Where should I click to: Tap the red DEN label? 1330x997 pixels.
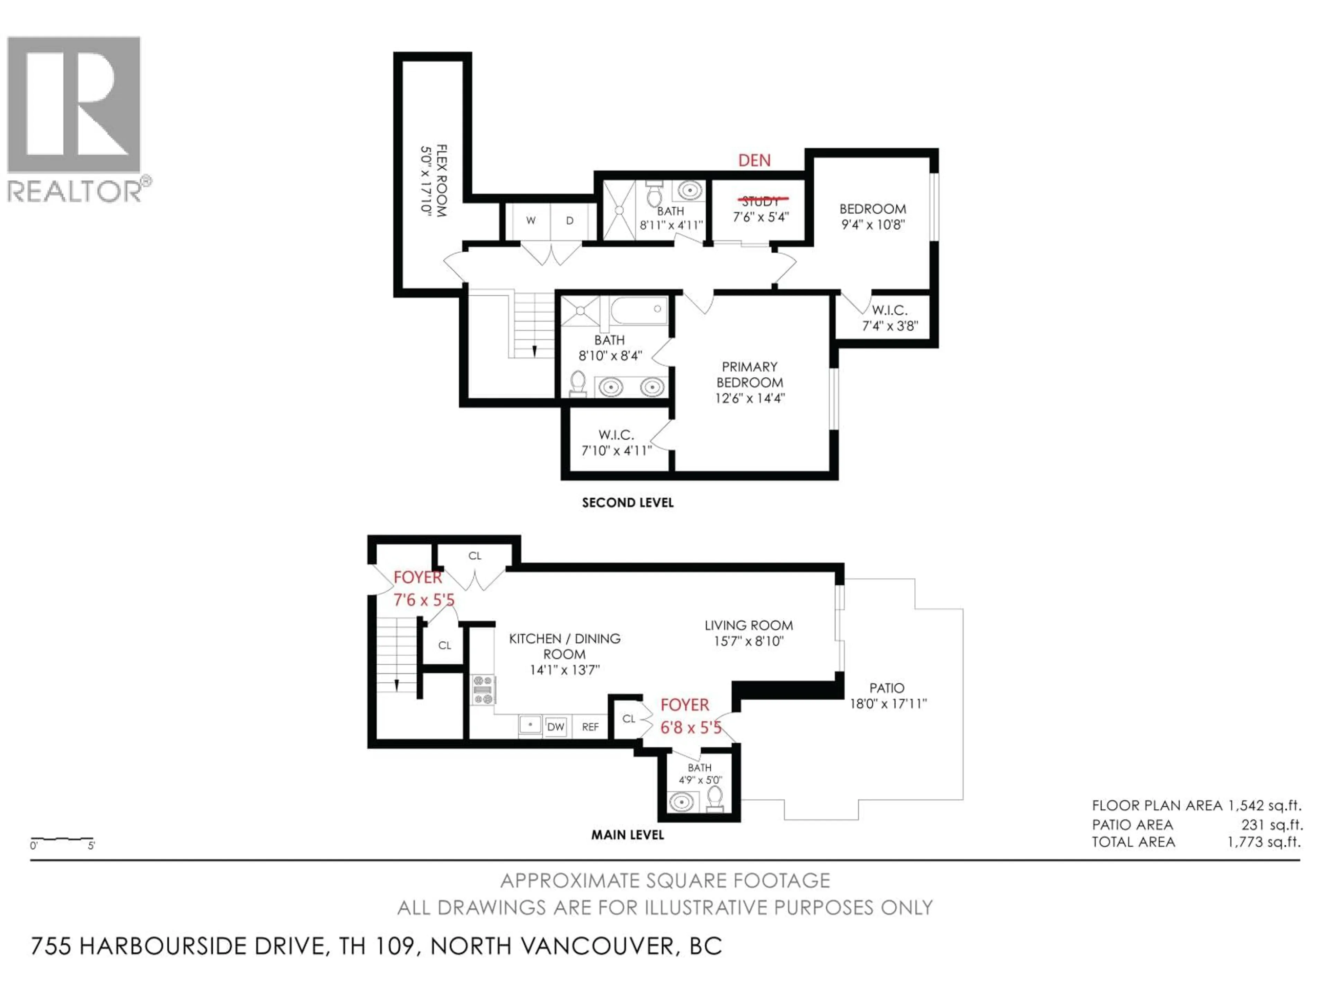coord(754,161)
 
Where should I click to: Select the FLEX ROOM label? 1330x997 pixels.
coord(441,180)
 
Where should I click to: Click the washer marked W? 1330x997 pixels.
coord(530,221)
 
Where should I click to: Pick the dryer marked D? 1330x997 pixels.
coord(569,221)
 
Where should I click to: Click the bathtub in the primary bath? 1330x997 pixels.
coord(639,310)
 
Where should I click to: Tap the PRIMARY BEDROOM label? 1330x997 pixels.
coord(750,375)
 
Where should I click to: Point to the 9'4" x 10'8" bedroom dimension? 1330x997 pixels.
coord(872,225)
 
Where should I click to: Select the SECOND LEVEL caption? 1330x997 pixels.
coord(627,502)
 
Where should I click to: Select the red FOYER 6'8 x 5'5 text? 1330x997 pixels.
coord(690,717)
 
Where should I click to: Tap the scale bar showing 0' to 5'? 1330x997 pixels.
coord(62,839)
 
